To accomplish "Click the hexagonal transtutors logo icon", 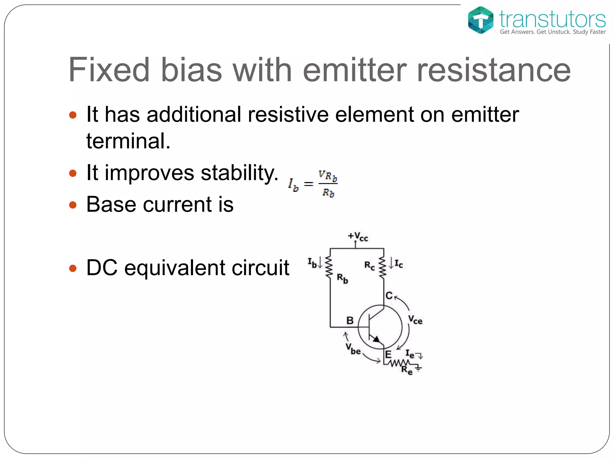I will click(x=480, y=20).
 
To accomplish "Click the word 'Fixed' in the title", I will click(x=109, y=70).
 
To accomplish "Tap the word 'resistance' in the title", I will click(x=493, y=70).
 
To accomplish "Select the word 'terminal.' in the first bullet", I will click(x=128, y=141).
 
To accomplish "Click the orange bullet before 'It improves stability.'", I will click(x=73, y=173).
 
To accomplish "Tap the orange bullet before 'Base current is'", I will click(x=73, y=205).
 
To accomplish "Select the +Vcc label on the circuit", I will click(x=358, y=237).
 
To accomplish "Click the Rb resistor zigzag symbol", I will click(x=329, y=267).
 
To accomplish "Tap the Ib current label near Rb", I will click(x=312, y=263).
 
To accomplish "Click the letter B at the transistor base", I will click(x=350, y=321).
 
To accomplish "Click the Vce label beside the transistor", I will click(x=415, y=320).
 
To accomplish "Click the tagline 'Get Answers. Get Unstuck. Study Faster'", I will click(x=553, y=32).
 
